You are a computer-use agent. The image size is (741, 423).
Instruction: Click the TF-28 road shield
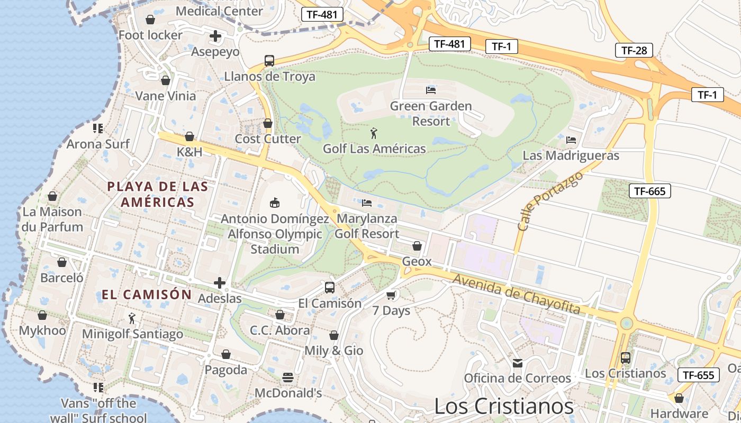634,51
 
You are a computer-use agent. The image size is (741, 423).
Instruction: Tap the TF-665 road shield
649,191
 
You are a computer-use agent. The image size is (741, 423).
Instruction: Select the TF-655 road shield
698,375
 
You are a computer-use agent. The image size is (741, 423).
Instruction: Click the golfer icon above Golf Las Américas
374,133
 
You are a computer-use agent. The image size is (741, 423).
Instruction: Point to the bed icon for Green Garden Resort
431,90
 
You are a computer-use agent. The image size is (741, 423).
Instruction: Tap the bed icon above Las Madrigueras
571,140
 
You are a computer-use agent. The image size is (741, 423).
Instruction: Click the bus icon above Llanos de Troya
269,60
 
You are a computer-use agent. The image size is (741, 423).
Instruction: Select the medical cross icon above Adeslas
220,283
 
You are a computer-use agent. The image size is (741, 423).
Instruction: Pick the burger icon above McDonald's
288,378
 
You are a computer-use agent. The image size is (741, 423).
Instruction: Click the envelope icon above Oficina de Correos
517,363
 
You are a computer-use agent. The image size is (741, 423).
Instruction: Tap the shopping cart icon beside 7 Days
391,295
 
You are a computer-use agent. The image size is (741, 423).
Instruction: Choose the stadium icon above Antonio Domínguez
274,203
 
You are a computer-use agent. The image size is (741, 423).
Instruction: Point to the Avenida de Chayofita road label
516,295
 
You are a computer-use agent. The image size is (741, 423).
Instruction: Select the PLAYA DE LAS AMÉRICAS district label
158,194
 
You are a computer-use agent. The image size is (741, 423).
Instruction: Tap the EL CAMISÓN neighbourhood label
147,295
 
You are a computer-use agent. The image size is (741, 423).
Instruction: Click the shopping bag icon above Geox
417,246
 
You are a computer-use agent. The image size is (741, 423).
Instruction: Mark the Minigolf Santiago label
132,334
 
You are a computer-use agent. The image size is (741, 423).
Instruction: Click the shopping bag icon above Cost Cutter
268,123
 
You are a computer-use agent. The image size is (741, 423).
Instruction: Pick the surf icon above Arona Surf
97,128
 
